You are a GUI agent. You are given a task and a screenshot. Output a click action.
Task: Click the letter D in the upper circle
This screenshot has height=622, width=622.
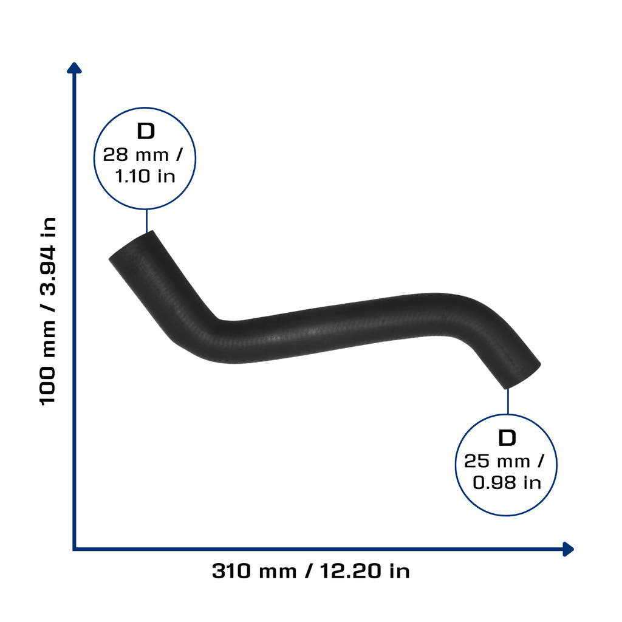146,131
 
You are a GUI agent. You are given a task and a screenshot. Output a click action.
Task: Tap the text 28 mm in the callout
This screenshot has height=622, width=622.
135,155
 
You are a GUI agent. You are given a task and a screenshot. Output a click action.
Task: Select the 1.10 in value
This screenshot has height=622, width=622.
145,176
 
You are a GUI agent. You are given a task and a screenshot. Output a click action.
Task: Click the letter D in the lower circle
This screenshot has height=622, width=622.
507,438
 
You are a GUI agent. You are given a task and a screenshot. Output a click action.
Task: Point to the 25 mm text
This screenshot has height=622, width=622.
497,462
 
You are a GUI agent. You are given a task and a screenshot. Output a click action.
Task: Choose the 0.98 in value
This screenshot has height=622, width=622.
507,483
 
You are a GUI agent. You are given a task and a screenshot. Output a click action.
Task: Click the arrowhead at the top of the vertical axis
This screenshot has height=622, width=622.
74,68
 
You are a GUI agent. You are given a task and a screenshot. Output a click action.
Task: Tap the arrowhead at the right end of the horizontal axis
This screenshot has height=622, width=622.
569,549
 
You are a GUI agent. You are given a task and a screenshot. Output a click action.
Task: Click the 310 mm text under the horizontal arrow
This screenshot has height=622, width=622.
255,571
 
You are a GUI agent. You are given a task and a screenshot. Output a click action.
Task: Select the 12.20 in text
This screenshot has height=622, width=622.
364,571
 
